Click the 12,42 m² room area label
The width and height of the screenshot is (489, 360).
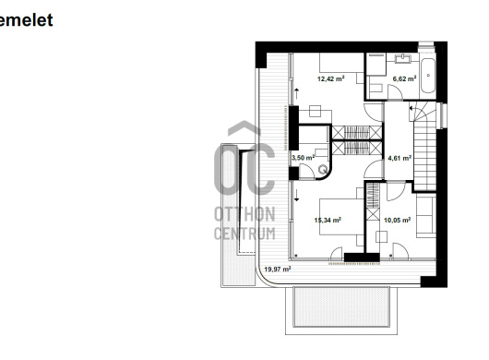(330, 78)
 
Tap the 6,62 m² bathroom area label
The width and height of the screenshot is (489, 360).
(404, 78)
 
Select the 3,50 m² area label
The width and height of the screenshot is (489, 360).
(304, 158)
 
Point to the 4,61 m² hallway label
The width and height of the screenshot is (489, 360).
(400, 158)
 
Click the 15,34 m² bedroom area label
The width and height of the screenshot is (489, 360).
(328, 220)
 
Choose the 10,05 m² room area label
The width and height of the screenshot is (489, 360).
(397, 220)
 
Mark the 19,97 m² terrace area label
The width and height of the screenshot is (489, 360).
(278, 269)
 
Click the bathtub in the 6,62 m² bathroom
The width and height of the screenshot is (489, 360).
(428, 76)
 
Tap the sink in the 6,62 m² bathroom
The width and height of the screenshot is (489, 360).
(403, 58)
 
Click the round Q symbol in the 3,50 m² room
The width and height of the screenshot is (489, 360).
(323, 170)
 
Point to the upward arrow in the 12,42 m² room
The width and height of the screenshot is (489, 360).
(296, 93)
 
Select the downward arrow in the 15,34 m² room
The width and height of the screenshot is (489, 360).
(296, 195)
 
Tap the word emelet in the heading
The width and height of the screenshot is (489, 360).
(26, 20)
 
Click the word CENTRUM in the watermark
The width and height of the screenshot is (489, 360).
(244, 234)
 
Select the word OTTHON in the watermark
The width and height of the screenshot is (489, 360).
(244, 214)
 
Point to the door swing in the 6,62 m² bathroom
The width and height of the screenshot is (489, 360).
(396, 92)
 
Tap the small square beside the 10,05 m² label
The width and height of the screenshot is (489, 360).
(381, 237)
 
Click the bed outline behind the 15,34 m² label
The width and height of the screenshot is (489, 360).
(341, 216)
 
